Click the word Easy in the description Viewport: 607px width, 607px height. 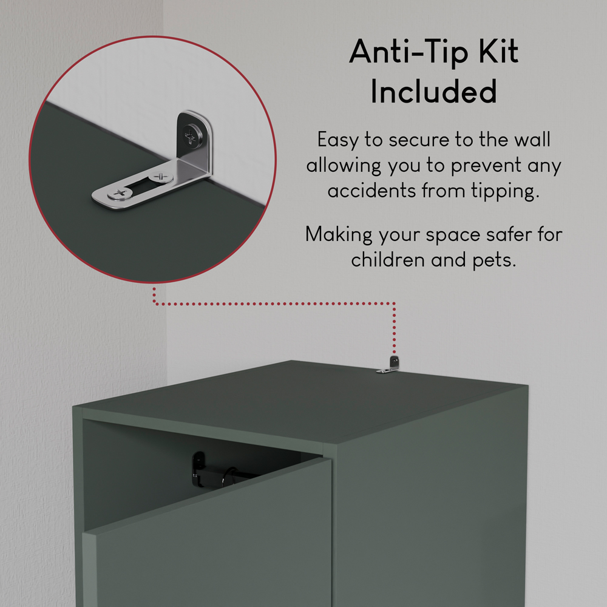pos(337,140)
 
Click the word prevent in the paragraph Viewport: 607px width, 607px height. pos(486,166)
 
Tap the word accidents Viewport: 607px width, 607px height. pos(371,191)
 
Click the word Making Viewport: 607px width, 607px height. pos(339,234)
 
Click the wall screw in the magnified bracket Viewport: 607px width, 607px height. pos(192,135)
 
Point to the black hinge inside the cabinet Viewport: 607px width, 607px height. pos(199,470)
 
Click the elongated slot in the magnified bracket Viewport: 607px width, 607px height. pos(141,185)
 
